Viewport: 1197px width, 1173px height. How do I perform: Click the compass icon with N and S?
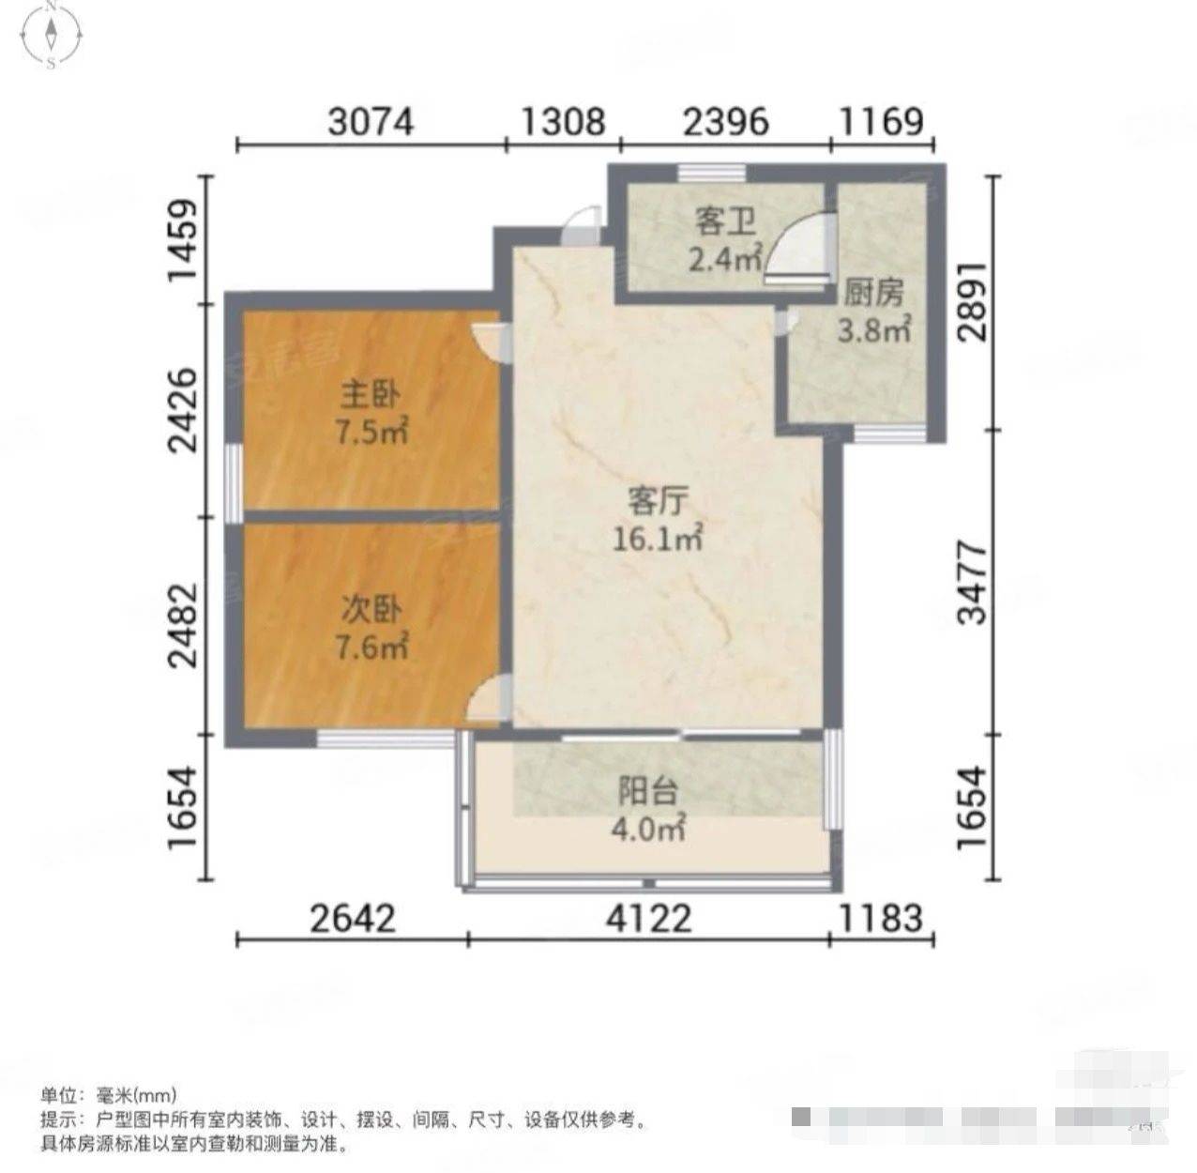[x=52, y=36]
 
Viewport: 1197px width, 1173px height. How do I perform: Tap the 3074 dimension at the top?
[x=370, y=121]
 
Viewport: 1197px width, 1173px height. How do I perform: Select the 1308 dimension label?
[x=563, y=121]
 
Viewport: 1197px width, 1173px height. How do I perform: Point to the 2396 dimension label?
[x=725, y=121]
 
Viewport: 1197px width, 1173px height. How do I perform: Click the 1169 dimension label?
[x=882, y=121]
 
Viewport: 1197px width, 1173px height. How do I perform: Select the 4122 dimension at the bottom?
[x=648, y=918]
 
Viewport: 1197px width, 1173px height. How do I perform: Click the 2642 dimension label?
[x=353, y=918]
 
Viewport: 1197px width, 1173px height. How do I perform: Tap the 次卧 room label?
[x=370, y=611]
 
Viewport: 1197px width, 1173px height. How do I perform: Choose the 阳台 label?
[x=647, y=793]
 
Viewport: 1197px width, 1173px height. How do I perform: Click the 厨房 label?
[x=873, y=293]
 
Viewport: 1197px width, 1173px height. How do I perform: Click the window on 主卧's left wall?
[x=234, y=475]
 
